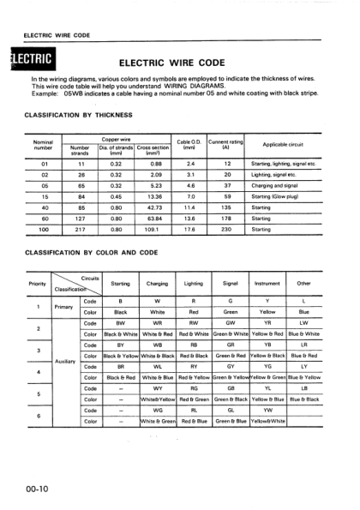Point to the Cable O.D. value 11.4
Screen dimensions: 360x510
(x=190, y=207)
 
